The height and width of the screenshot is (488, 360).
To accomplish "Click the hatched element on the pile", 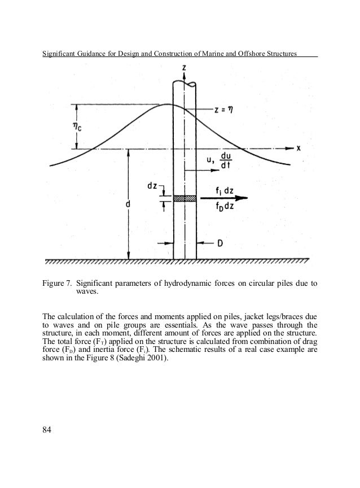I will pyautogui.click(x=185, y=198).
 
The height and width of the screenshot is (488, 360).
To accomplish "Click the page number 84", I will pyautogui.click(x=49, y=432).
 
